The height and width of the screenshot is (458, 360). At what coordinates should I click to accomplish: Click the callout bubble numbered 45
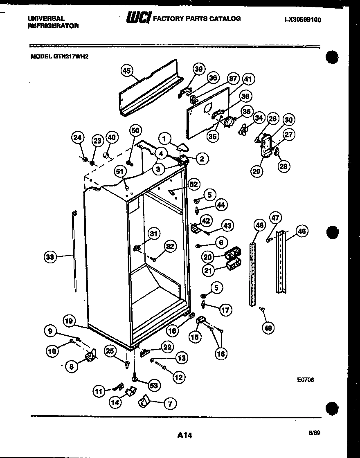(126, 71)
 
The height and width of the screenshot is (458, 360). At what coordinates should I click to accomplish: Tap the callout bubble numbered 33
(50, 257)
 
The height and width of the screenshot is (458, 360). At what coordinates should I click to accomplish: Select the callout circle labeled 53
(154, 385)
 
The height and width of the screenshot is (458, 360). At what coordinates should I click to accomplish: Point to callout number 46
(302, 231)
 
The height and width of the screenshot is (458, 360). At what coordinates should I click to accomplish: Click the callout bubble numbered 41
(248, 79)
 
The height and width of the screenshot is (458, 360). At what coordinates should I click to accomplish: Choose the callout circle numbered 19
(69, 321)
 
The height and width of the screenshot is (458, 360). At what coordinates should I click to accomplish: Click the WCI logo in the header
(139, 18)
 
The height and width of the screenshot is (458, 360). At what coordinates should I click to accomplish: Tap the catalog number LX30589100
(303, 19)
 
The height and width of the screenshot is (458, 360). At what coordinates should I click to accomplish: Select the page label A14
(184, 436)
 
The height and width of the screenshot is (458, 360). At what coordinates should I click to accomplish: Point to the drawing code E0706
(306, 379)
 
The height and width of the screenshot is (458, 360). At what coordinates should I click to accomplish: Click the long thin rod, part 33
(75, 254)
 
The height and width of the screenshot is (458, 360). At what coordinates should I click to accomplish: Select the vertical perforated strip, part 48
(253, 274)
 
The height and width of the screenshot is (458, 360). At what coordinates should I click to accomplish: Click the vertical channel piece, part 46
(282, 262)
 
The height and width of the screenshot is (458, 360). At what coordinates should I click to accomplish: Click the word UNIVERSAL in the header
(45, 18)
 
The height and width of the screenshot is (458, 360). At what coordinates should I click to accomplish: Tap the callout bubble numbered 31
(153, 234)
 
